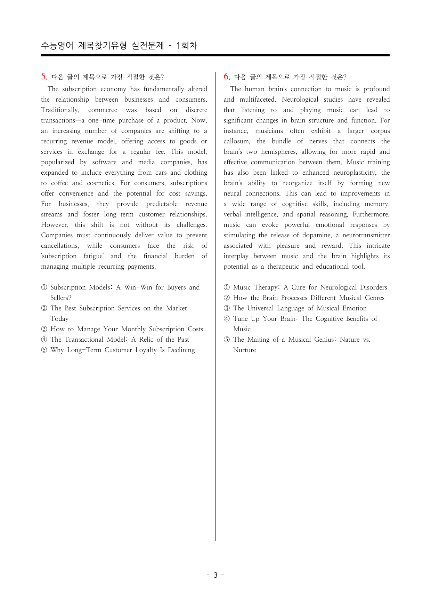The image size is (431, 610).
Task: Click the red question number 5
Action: coord(44,77)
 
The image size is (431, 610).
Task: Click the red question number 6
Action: coord(227,77)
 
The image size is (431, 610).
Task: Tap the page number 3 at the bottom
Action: coord(215,575)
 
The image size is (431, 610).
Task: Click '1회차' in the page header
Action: coord(187,46)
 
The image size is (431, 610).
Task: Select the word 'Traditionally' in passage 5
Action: coord(60,110)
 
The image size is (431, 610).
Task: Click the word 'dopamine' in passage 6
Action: coord(317,235)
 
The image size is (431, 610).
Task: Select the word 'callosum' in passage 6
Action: coord(237,141)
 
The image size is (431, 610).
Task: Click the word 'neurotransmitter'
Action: coord(366,235)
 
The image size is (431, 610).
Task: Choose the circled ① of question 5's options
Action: coord(44,287)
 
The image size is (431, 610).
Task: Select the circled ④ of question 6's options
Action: coord(227,319)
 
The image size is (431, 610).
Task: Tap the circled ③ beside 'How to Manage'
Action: coord(44,329)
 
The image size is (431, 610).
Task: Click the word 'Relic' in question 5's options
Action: coord(146,340)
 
